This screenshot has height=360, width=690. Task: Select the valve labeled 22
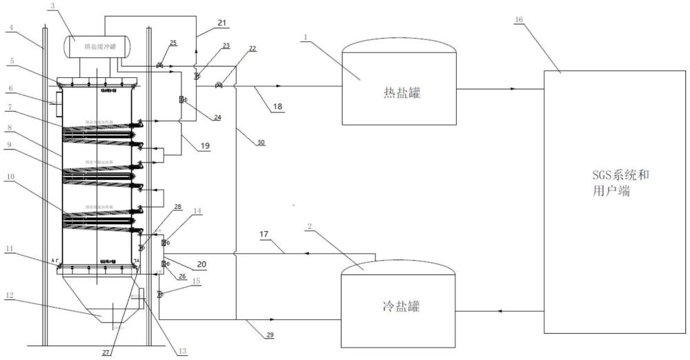tap(219, 86)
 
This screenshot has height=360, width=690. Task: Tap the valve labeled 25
tap(159, 66)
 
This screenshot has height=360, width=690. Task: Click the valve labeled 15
tap(159, 294)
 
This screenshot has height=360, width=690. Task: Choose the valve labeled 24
tap(181, 101)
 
